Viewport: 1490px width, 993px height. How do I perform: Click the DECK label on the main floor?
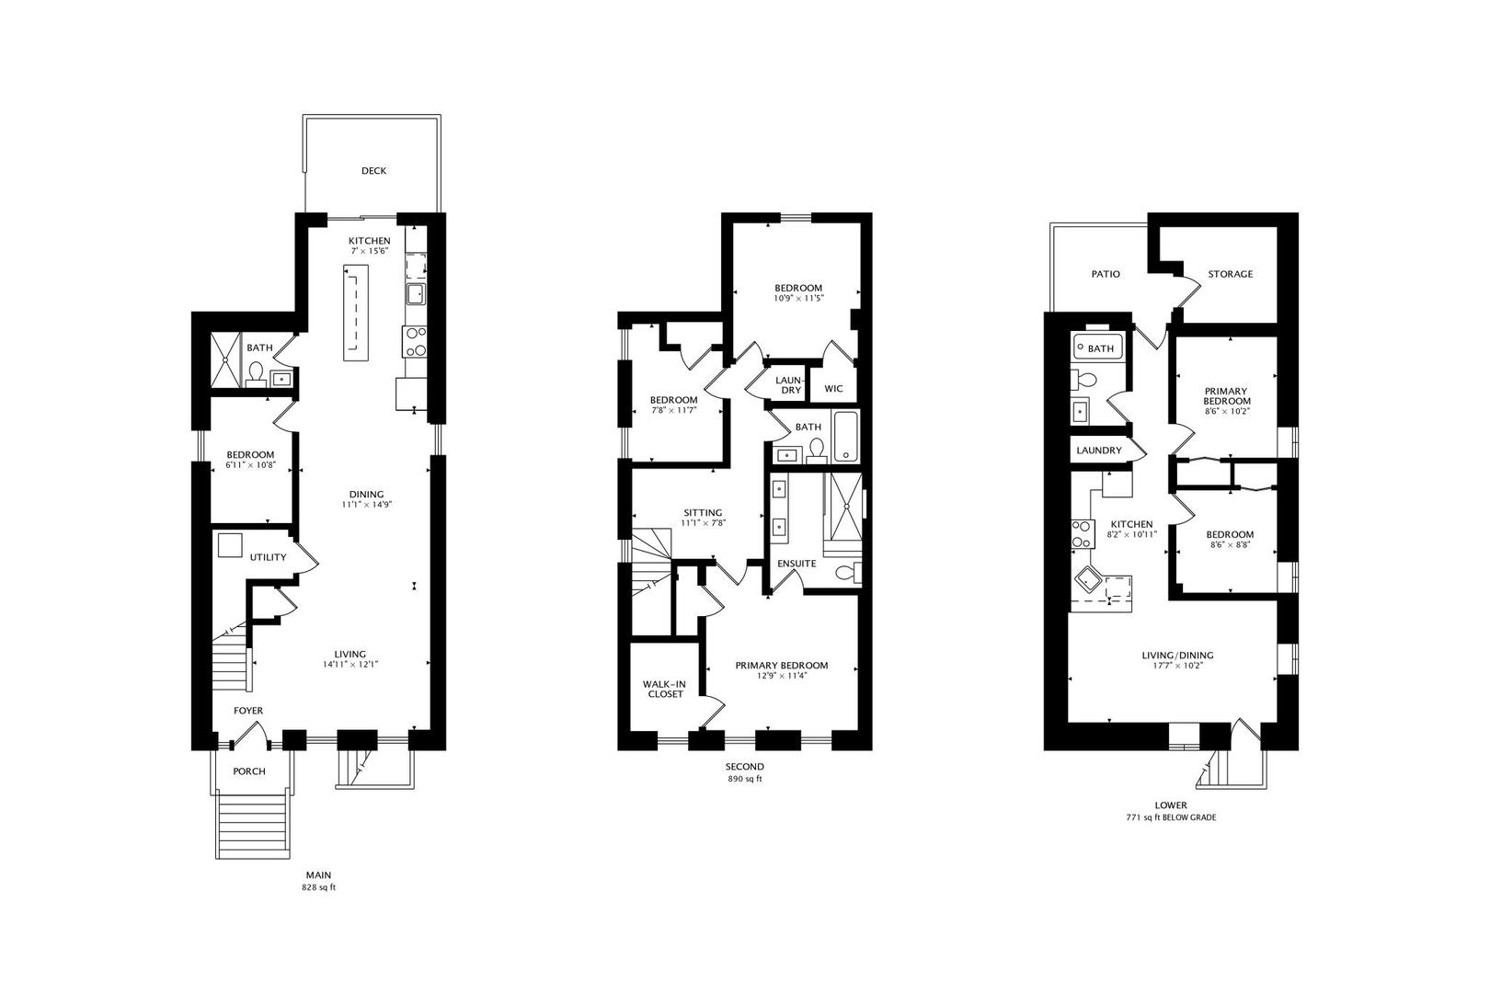tap(373, 171)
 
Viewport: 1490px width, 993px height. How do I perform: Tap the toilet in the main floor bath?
tap(257, 373)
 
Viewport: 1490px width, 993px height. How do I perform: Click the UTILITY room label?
tap(268, 557)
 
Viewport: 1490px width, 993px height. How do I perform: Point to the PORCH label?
tap(248, 771)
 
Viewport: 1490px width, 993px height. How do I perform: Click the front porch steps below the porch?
tap(255, 826)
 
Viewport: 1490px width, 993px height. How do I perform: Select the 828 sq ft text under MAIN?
tap(318, 888)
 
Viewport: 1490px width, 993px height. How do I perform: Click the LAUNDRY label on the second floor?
tap(789, 385)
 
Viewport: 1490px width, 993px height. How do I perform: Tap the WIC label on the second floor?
tap(833, 389)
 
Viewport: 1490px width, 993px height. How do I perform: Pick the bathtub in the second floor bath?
tap(845, 438)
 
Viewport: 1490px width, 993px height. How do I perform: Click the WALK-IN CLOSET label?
tap(664, 689)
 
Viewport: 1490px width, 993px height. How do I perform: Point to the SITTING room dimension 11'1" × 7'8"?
tap(703, 523)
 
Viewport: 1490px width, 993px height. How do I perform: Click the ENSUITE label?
tap(797, 564)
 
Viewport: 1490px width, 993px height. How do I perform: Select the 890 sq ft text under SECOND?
tap(744, 779)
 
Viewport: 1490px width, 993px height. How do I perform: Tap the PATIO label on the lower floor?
tap(1106, 274)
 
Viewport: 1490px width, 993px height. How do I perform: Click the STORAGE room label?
tap(1230, 274)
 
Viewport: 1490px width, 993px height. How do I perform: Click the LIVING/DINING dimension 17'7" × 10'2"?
tap(1177, 666)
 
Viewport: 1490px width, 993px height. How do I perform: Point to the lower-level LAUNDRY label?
tap(1098, 451)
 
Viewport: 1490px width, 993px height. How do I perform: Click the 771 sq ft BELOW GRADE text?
tap(1170, 817)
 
